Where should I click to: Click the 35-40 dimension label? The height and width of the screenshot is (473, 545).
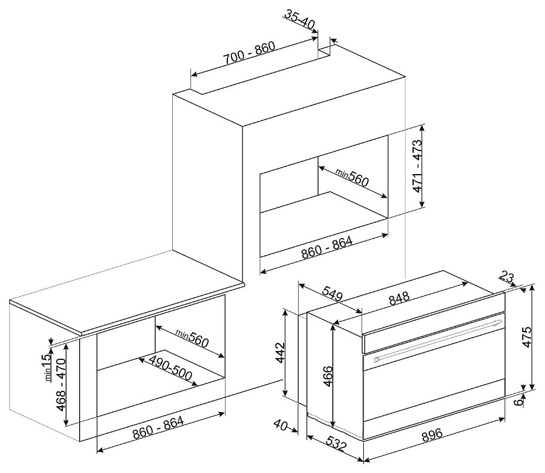point(299,19)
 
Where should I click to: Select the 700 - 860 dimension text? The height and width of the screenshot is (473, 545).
point(249,53)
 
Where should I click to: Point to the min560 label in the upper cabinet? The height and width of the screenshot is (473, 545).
point(352,176)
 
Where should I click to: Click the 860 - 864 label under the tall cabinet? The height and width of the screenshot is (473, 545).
point(327,247)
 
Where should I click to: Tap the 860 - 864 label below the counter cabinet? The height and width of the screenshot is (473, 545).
point(158,427)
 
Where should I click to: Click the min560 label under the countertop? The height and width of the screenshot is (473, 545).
point(192,338)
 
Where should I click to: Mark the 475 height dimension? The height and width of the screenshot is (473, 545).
point(527,337)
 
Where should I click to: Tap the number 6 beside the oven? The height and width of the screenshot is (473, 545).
point(519,401)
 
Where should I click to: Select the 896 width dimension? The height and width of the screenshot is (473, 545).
point(432,434)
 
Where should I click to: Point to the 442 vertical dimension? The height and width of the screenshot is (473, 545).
point(280,353)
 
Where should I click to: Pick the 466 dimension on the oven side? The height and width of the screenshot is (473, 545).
point(328,376)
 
